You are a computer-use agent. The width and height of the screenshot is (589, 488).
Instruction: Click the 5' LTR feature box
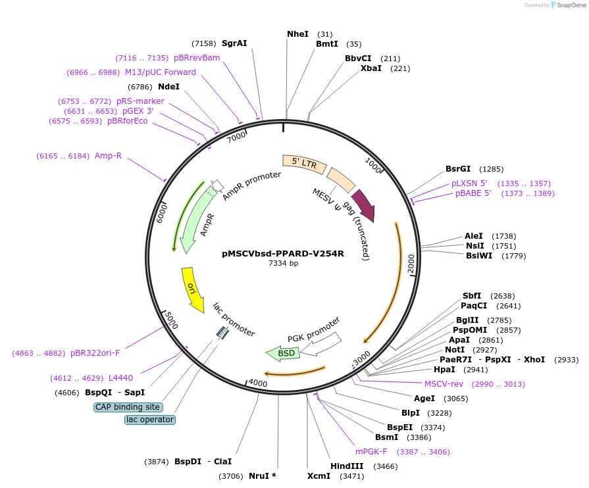[304, 163]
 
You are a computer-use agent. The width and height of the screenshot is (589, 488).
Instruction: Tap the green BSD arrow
[283, 354]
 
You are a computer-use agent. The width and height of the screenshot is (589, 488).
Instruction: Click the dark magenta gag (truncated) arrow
[363, 205]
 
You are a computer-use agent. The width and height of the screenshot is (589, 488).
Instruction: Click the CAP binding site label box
[128, 407]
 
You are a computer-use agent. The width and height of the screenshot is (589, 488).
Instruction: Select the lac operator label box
[150, 420]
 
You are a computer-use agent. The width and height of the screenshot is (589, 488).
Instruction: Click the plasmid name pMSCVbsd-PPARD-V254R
[283, 253]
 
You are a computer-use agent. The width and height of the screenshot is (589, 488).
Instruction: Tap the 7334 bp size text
[283, 263]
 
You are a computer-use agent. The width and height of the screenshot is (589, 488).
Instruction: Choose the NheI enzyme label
[297, 34]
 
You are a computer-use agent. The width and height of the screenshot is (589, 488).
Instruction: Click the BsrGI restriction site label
[459, 169]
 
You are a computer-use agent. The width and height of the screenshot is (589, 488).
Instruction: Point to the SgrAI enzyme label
[234, 43]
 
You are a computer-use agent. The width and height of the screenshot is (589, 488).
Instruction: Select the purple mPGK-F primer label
[371, 452]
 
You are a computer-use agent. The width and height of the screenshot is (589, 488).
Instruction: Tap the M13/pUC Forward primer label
[161, 72]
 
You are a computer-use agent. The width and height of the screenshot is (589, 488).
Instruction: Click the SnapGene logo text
[569, 5]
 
